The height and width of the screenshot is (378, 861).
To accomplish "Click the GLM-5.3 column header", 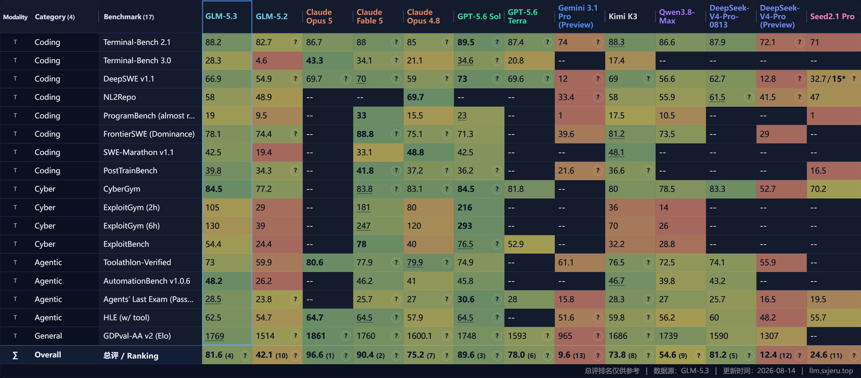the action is tap(221, 17).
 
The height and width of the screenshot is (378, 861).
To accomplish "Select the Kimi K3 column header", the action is tap(622, 17).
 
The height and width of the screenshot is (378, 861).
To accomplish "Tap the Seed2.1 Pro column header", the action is tap(832, 17).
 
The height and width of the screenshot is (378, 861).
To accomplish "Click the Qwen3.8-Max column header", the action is tap(677, 17).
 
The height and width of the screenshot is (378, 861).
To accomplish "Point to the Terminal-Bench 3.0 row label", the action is tap(137, 61).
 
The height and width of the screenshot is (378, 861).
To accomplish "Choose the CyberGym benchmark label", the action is tap(122, 189).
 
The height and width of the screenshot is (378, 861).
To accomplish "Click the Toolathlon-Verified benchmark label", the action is tap(137, 263).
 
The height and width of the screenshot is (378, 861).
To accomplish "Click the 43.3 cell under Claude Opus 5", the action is tap(314, 61).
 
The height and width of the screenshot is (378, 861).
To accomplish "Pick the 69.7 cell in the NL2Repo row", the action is tap(415, 97).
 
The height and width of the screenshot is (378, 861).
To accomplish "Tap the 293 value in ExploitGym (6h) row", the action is tap(465, 226).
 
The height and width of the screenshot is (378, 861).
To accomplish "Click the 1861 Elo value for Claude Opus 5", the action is tap(316, 336).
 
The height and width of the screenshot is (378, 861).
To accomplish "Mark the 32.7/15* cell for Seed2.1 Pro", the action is tap(827, 79).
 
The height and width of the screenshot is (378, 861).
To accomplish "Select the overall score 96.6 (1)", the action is tap(320, 355).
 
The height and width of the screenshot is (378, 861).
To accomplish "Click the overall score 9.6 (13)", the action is tap(571, 355).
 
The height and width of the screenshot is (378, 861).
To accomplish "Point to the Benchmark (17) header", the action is tap(129, 17).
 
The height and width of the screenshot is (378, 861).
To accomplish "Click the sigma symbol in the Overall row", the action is tap(15, 356).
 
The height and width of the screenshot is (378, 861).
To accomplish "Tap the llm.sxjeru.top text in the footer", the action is tap(831, 371).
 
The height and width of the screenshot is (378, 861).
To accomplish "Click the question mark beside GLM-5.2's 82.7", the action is tap(295, 42).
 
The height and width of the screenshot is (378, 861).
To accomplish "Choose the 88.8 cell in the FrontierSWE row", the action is tap(365, 134).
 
